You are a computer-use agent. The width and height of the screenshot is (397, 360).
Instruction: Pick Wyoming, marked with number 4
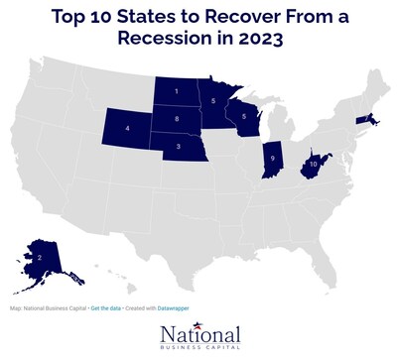[127, 130]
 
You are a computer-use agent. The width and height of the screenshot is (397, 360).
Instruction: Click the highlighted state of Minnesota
[212, 99]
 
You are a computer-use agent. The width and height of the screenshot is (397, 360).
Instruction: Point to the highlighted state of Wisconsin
[243, 116]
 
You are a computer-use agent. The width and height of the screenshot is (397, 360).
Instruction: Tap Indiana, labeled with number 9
[272, 158]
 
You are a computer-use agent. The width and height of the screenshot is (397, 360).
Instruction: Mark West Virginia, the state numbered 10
[314, 162]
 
